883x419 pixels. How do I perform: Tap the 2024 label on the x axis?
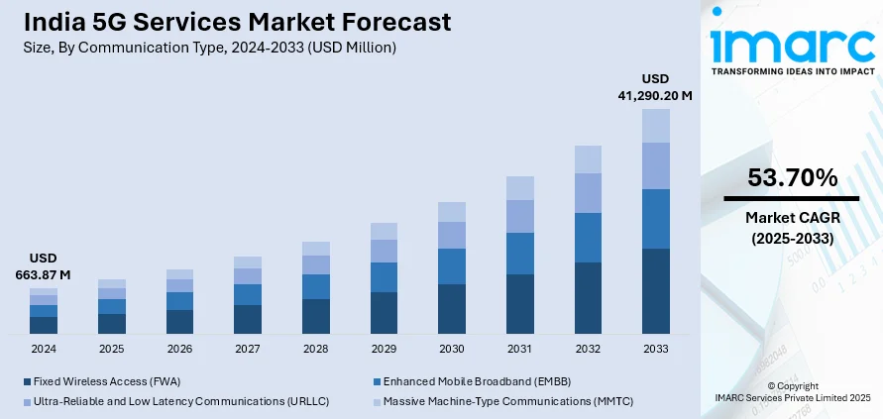pos(44,349)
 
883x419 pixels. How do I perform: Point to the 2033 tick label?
pos(656,349)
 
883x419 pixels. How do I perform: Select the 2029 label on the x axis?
pos(384,349)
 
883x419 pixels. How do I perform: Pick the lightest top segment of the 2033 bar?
pos(656,126)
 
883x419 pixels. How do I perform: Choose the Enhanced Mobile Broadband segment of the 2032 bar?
pos(588,238)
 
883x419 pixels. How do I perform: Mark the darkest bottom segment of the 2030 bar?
pos(452,308)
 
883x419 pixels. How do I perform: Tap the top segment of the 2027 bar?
pos(248,262)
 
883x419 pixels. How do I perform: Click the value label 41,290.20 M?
pos(655,96)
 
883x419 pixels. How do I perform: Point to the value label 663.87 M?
pos(44,274)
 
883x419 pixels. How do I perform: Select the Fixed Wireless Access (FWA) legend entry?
pos(99,380)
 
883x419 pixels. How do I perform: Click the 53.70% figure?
pos(793,178)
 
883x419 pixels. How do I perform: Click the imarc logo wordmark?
pos(792,45)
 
